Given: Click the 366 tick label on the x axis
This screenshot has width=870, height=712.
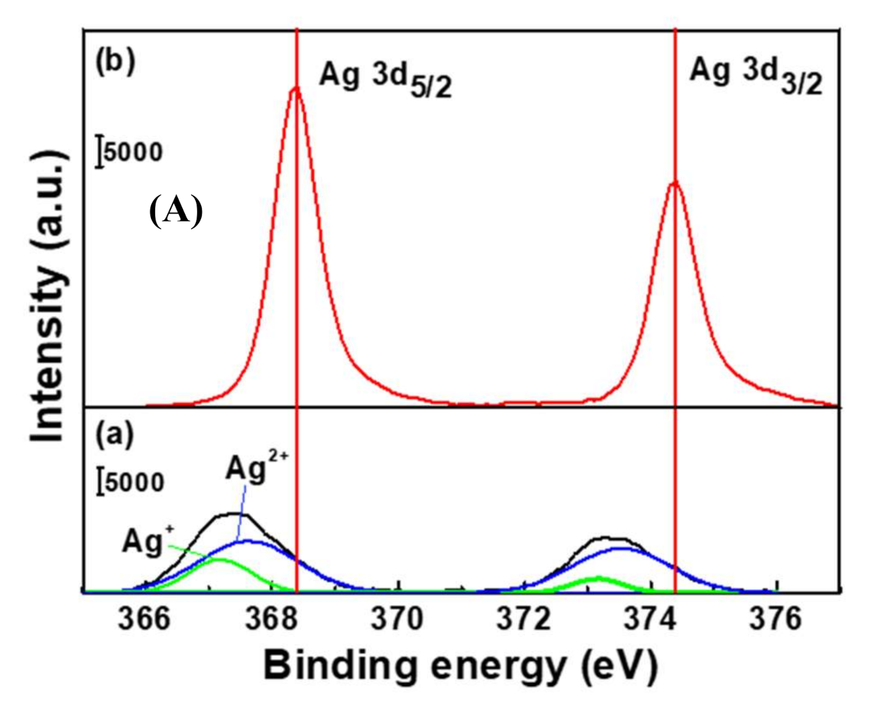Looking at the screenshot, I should pyautogui.click(x=144, y=619).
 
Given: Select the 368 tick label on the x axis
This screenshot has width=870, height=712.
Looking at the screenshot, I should pyautogui.click(x=270, y=619).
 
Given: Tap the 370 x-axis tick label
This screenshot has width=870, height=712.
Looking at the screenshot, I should pyautogui.click(x=397, y=619).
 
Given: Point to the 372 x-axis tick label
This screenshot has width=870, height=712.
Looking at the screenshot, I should pyautogui.click(x=524, y=619).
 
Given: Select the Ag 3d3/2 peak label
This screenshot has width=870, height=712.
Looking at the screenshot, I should pyautogui.click(x=755, y=76).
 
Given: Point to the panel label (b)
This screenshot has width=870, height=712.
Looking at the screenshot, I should pyautogui.click(x=115, y=62).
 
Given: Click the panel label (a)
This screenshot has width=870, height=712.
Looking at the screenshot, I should pyautogui.click(x=115, y=434).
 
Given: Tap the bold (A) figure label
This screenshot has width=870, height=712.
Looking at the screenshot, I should pyautogui.click(x=176, y=211).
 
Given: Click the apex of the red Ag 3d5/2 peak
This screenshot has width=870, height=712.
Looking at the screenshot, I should pyautogui.click(x=296, y=88).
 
